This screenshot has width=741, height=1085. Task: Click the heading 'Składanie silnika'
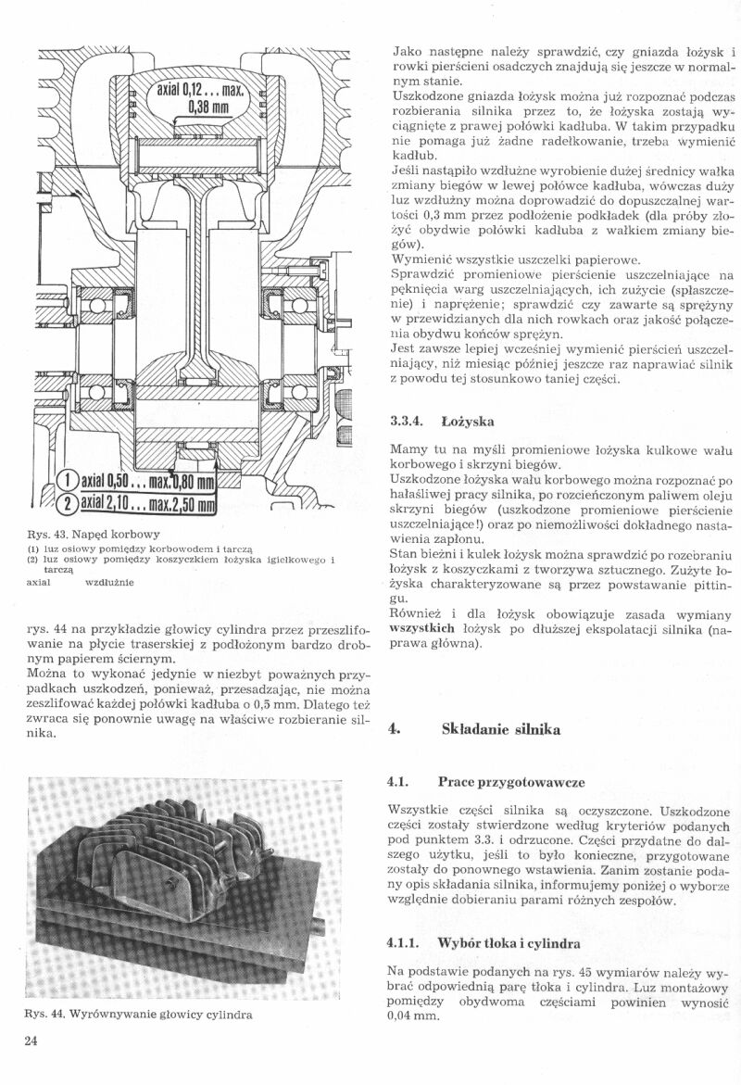(500, 729)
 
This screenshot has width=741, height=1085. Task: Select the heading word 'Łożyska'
(469, 422)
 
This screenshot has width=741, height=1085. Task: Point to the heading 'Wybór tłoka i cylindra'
(509, 943)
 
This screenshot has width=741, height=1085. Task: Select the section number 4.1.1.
(407, 943)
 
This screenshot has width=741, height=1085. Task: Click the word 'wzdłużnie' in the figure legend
(109, 583)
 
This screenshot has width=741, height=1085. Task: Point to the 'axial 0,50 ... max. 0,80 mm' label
(148, 481)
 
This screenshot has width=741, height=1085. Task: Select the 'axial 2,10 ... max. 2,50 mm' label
(148, 506)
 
